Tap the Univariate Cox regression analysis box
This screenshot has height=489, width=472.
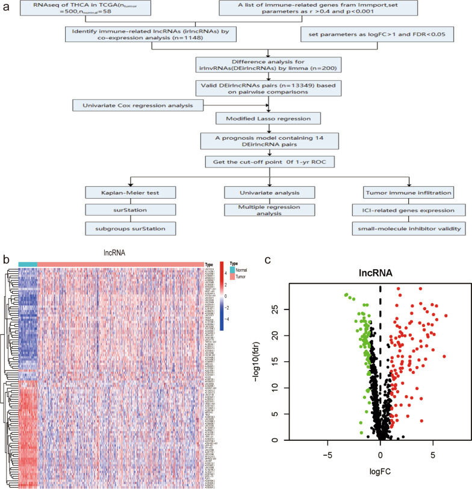[137, 106]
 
